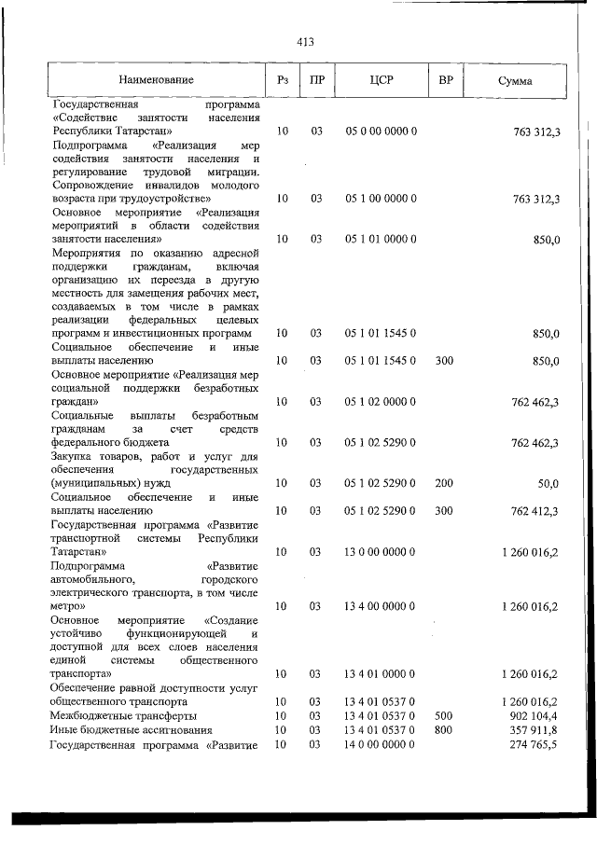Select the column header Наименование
pyautogui.click(x=156, y=81)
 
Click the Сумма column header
pyautogui.click(x=515, y=81)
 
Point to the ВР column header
pyautogui.click(x=445, y=81)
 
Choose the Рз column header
pyautogui.click(x=282, y=81)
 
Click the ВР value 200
pyautogui.click(x=444, y=483)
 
